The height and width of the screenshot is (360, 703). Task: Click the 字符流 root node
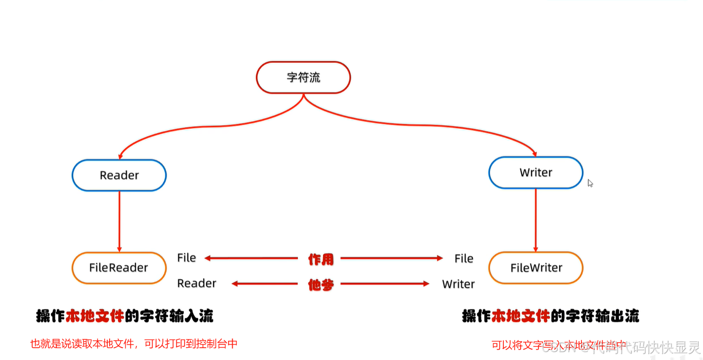[303, 78]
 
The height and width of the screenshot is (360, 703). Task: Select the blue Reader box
[119, 175]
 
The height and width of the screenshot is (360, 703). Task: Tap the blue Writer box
[536, 172]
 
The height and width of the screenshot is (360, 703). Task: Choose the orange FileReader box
[119, 268]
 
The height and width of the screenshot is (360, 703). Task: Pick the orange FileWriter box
[536, 268]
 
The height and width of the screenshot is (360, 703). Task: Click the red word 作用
[321, 259]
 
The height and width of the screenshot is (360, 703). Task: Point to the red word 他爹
[321, 284]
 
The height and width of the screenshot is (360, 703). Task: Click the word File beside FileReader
[187, 258]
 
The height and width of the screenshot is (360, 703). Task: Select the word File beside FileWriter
[464, 258]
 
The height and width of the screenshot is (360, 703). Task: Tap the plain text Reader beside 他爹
[197, 283]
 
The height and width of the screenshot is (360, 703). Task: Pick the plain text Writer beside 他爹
[458, 284]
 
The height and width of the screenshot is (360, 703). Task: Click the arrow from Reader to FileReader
[119, 221]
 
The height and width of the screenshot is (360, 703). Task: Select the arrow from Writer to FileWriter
[536, 220]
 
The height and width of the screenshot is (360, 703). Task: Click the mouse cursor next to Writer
[590, 183]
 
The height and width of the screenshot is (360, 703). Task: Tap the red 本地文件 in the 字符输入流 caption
[94, 316]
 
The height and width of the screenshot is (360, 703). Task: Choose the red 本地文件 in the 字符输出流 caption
[521, 316]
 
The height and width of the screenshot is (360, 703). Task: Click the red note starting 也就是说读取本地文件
[134, 344]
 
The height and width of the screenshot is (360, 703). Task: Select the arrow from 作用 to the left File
[252, 258]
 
